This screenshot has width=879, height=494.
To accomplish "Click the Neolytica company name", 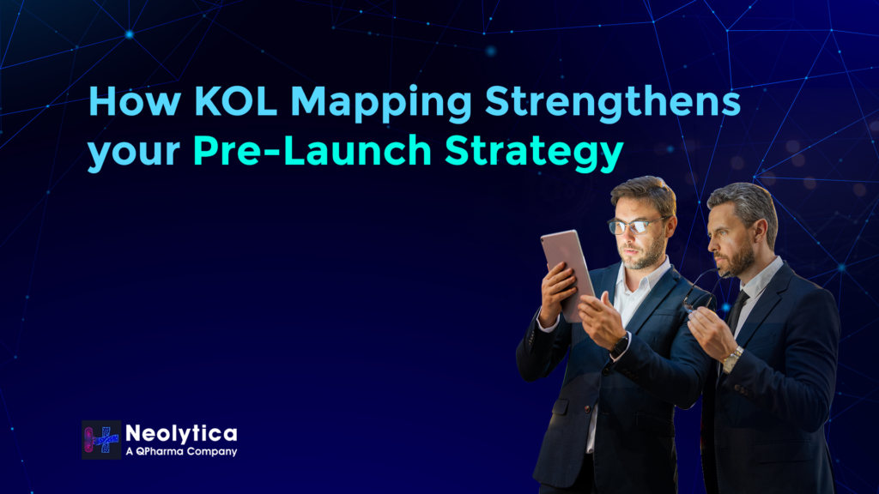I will (x=181, y=433).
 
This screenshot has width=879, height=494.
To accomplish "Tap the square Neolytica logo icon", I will (x=101, y=439).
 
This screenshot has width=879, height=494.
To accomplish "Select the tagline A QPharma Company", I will (x=181, y=451).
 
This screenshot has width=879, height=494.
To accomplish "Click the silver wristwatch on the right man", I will (x=732, y=359).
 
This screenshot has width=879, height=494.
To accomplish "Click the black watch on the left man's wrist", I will (x=620, y=344).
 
